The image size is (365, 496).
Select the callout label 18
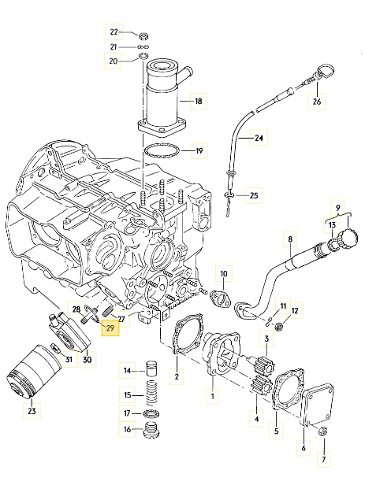(198, 102)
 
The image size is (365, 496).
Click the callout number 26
(317, 101)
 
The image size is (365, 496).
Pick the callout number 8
(290, 239)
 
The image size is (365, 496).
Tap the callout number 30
(88, 361)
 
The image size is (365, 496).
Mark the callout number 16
(126, 430)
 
